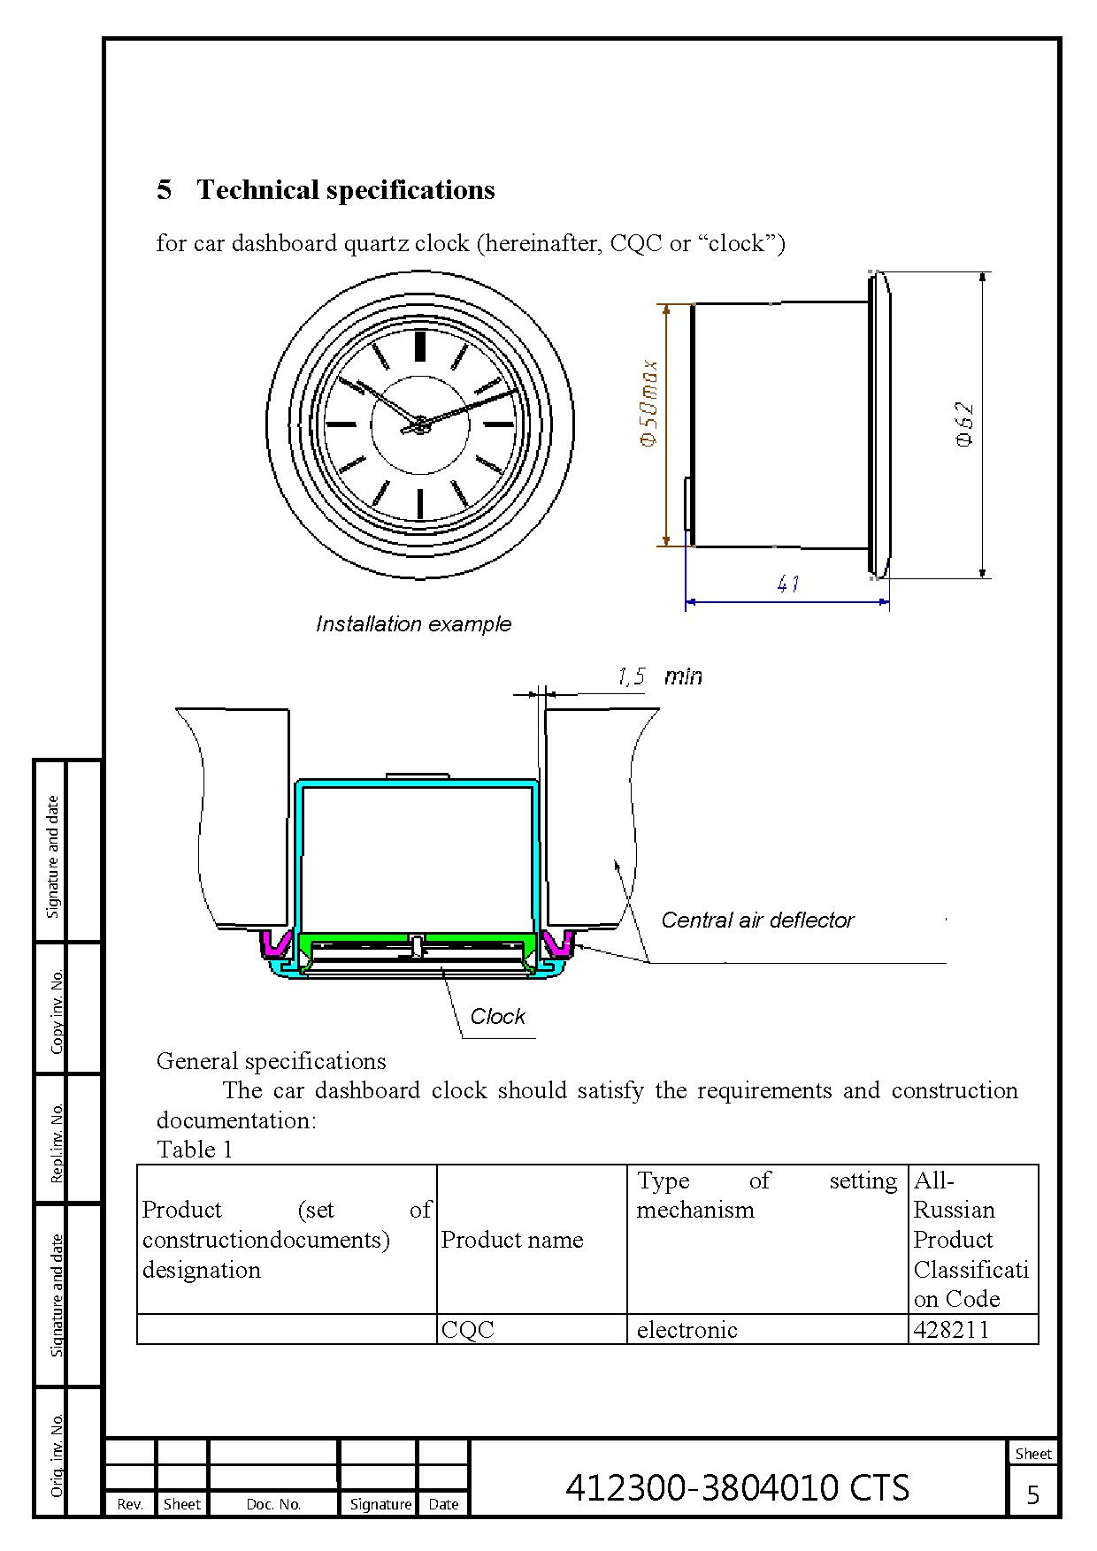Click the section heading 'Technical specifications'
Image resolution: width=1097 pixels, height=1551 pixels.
point(345,190)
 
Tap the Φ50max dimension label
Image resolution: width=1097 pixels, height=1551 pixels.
point(649,403)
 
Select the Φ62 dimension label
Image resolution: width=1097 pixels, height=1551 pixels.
point(965,424)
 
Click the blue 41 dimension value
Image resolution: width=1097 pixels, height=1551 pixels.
point(788,584)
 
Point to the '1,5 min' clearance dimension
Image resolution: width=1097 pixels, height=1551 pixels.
point(659,676)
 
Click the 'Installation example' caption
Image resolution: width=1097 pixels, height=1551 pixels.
point(413,624)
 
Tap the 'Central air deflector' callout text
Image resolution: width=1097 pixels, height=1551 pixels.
point(757,921)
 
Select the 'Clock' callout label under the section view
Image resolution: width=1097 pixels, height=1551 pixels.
point(497,1017)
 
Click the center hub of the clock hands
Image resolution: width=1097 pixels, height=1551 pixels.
point(419,426)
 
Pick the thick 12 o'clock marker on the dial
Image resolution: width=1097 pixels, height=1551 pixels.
point(420,346)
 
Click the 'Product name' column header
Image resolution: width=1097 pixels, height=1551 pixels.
point(512,1240)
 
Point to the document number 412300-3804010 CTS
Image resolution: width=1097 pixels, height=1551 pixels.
point(737,1487)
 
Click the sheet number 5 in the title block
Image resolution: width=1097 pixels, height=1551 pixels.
point(1032,1494)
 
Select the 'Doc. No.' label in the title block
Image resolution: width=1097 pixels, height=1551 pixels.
point(273,1504)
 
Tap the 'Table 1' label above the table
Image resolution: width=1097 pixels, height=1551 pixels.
point(195,1150)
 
